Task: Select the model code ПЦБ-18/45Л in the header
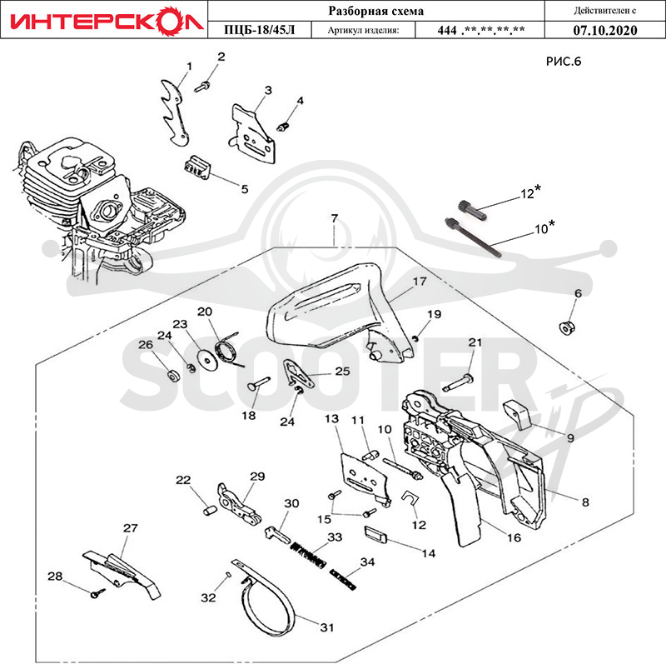tap(259, 30)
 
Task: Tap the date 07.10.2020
tap(605, 30)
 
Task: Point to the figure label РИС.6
tap(564, 62)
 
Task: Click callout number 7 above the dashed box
tap(335, 218)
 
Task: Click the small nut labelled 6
tap(566, 328)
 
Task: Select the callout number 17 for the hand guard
tap(420, 282)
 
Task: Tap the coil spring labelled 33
tap(308, 555)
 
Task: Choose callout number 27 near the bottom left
tap(131, 528)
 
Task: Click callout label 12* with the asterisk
tap(530, 192)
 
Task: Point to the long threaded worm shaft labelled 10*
tap(472, 237)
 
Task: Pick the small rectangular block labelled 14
tap(376, 533)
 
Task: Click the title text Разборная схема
tap(376, 11)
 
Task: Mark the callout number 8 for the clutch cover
tap(585, 502)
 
